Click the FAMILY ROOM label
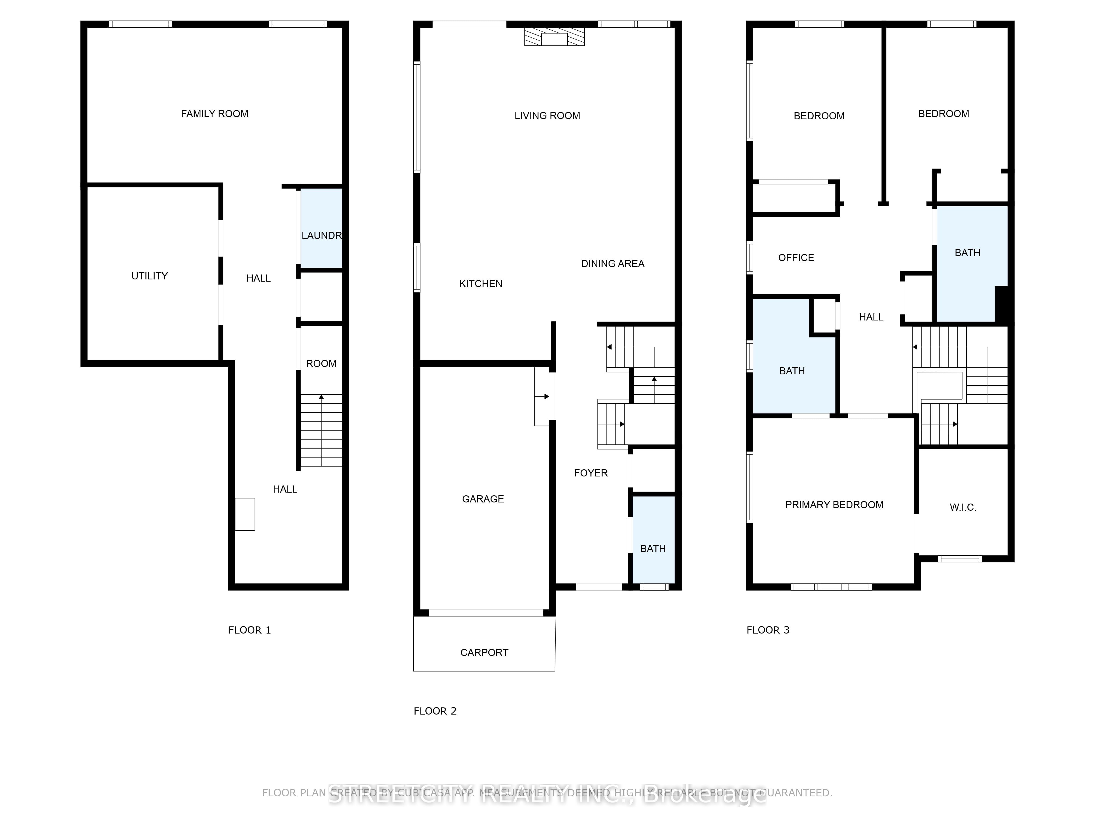pyautogui.click(x=214, y=114)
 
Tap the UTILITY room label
pyautogui.click(x=149, y=276)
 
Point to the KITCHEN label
pyautogui.click(x=481, y=284)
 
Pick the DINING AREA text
pyautogui.click(x=612, y=264)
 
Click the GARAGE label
pyautogui.click(x=483, y=499)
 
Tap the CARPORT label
pyautogui.click(x=484, y=652)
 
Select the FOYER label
pyautogui.click(x=590, y=473)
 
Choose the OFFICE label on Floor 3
pyautogui.click(x=796, y=258)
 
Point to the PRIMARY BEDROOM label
pyautogui.click(x=834, y=505)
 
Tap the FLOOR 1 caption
pyautogui.click(x=249, y=630)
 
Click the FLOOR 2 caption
pyautogui.click(x=435, y=711)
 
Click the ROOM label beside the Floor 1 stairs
pyautogui.click(x=321, y=364)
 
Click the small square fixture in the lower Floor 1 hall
pyautogui.click(x=244, y=514)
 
